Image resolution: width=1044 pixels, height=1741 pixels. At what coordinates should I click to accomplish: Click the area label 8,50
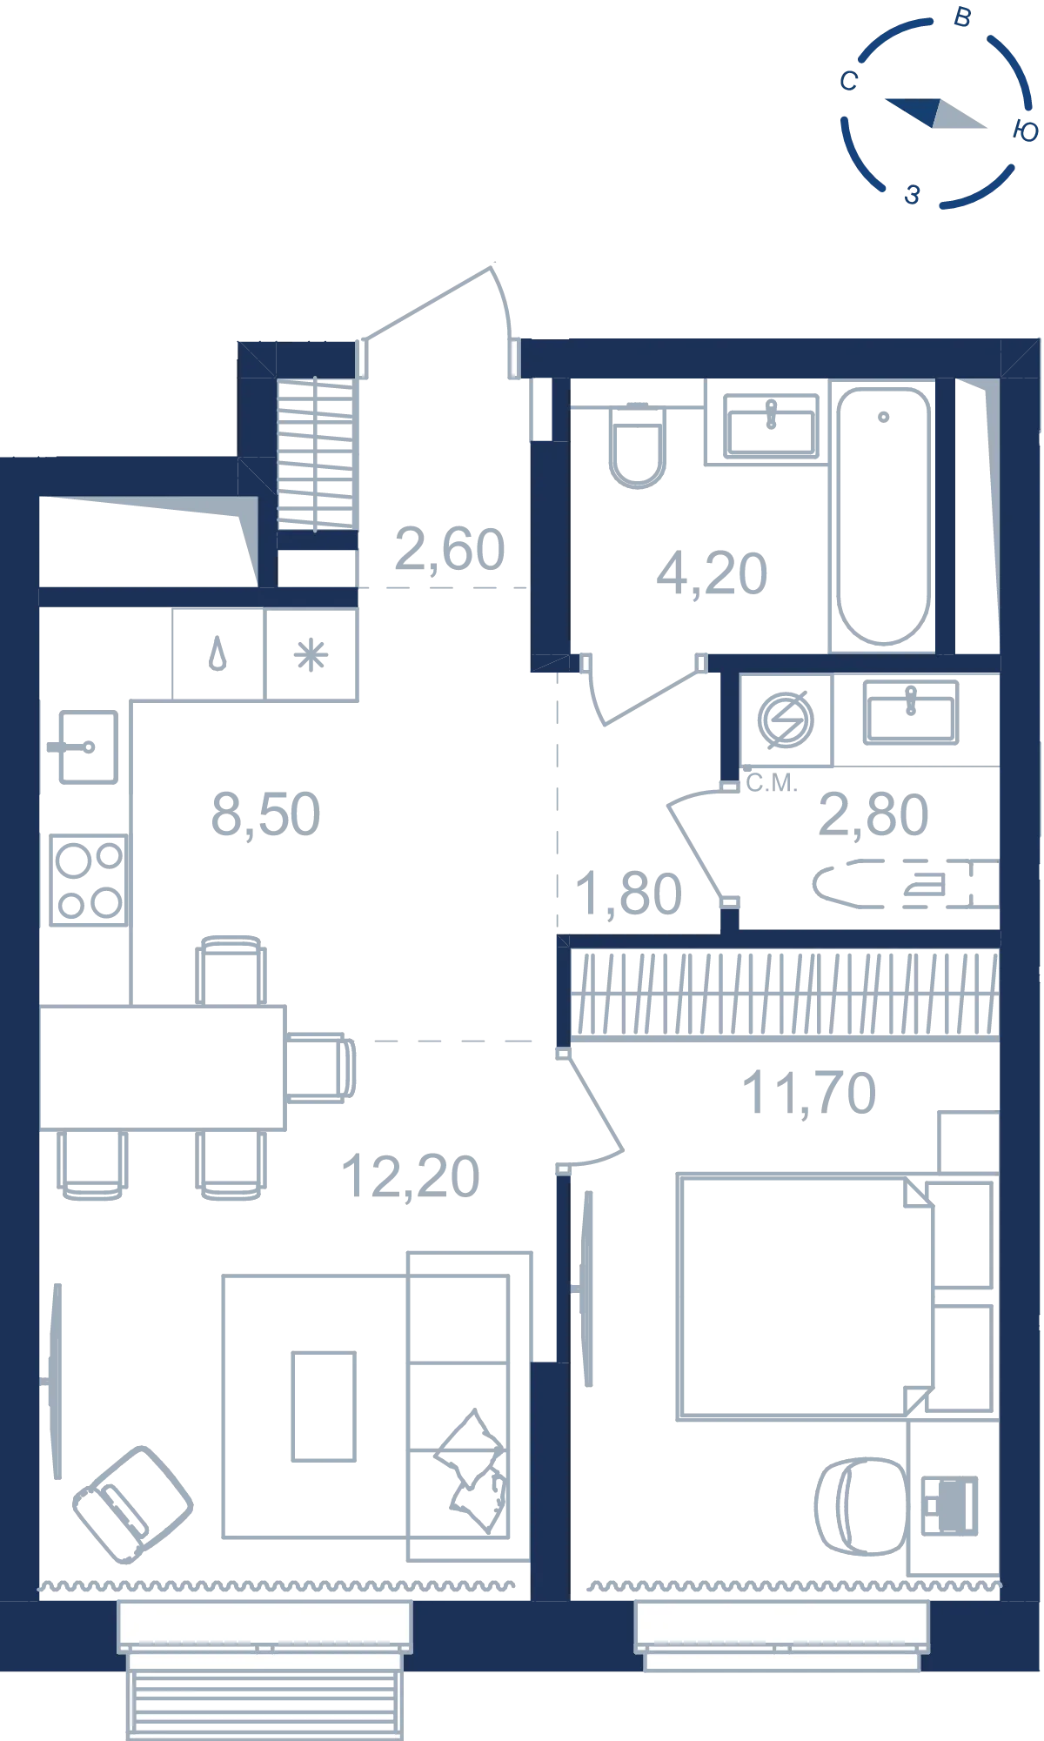point(266,815)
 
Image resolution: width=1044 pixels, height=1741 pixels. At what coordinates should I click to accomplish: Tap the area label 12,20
point(411,1176)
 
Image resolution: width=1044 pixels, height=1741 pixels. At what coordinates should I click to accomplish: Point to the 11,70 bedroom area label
point(809,1093)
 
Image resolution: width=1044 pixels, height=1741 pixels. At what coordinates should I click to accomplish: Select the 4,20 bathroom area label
point(712,574)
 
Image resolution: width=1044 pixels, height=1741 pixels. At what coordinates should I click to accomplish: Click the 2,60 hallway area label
point(450,550)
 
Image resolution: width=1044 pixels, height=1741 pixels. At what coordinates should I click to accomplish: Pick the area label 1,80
point(629,894)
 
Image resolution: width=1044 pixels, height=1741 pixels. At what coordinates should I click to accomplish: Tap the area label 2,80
point(873,815)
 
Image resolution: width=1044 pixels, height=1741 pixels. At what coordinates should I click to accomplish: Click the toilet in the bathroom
point(638,445)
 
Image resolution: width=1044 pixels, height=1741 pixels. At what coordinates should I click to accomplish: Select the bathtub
point(883,517)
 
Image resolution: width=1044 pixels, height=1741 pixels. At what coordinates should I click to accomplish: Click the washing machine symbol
point(786,720)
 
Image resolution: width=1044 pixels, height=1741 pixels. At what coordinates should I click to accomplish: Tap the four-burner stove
point(88,880)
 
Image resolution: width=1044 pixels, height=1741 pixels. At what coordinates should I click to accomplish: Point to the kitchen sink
point(86,747)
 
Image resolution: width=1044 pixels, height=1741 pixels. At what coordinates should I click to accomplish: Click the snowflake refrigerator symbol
point(311,655)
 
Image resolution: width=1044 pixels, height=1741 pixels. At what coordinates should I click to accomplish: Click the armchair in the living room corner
point(132,1504)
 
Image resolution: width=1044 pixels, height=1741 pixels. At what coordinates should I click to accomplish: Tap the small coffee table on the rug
point(324,1406)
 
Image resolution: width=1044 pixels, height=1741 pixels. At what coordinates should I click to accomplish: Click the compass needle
point(936,113)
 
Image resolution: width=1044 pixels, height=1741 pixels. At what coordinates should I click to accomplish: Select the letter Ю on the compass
point(1026,131)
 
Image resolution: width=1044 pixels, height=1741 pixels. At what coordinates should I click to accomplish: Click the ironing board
point(906,884)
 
